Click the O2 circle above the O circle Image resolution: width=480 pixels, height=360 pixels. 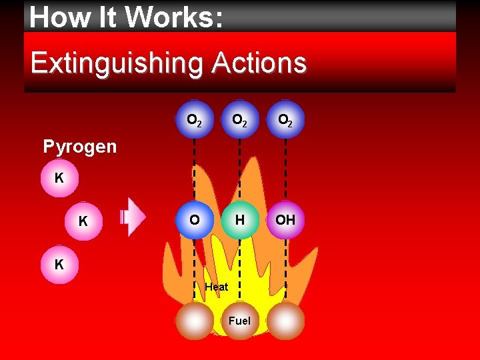[x=195, y=120]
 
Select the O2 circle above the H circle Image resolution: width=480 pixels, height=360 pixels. [x=239, y=120]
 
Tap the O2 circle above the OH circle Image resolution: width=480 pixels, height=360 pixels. [x=285, y=120]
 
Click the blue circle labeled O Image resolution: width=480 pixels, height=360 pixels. [x=195, y=220]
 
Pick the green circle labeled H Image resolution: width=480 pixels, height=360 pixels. [x=239, y=220]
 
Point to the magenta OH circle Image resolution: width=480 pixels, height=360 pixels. [x=285, y=220]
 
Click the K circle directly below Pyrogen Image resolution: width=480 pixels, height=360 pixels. [x=59, y=179]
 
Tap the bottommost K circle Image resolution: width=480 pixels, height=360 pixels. [x=59, y=265]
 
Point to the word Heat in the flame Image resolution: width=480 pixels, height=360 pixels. [x=217, y=287]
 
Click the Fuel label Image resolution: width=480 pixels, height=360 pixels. [x=239, y=321]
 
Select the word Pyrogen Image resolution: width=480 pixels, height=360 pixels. [x=79, y=147]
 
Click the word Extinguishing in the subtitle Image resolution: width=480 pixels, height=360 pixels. [x=115, y=64]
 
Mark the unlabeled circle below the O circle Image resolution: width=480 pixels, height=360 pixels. [x=195, y=321]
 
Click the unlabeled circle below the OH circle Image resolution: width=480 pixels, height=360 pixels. [x=285, y=321]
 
